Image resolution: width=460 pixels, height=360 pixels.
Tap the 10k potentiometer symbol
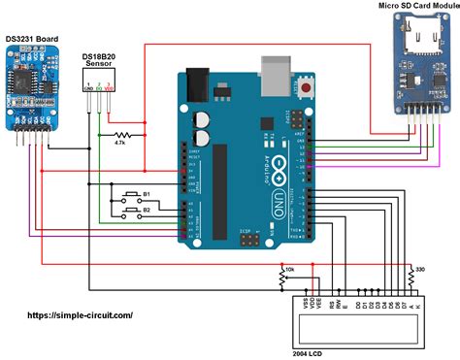click(284, 276)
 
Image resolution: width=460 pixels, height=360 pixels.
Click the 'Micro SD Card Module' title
click(415, 7)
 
